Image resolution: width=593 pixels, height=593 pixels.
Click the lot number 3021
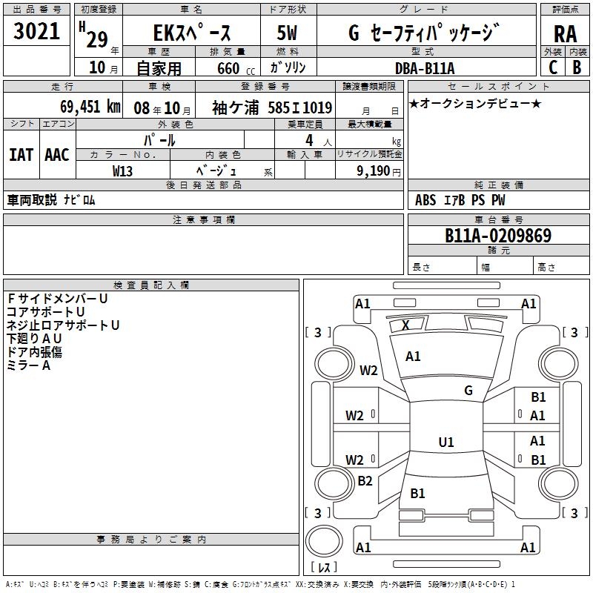coord(36,32)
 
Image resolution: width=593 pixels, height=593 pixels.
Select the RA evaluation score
coord(565,34)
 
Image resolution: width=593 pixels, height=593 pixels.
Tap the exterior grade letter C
coord(552,67)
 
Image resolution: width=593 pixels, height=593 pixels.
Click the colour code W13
coord(123,170)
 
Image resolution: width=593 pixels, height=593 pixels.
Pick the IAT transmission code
coord(21,154)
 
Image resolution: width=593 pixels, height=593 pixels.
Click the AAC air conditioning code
coord(57,154)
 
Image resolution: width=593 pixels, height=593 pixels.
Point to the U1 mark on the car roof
coord(445,443)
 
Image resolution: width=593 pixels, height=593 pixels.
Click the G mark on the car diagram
coord(468,391)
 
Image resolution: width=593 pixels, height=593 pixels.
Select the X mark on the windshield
coord(405,325)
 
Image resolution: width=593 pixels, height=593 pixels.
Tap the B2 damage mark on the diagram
coord(365,481)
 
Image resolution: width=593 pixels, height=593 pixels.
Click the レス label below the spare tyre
coord(328,567)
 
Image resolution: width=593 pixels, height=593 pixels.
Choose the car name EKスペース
coord(192,33)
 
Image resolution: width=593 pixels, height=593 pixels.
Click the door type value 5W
coord(288,33)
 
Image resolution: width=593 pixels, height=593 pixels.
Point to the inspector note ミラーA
coord(28,365)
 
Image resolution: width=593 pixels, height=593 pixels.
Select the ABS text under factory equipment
coord(425,200)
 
